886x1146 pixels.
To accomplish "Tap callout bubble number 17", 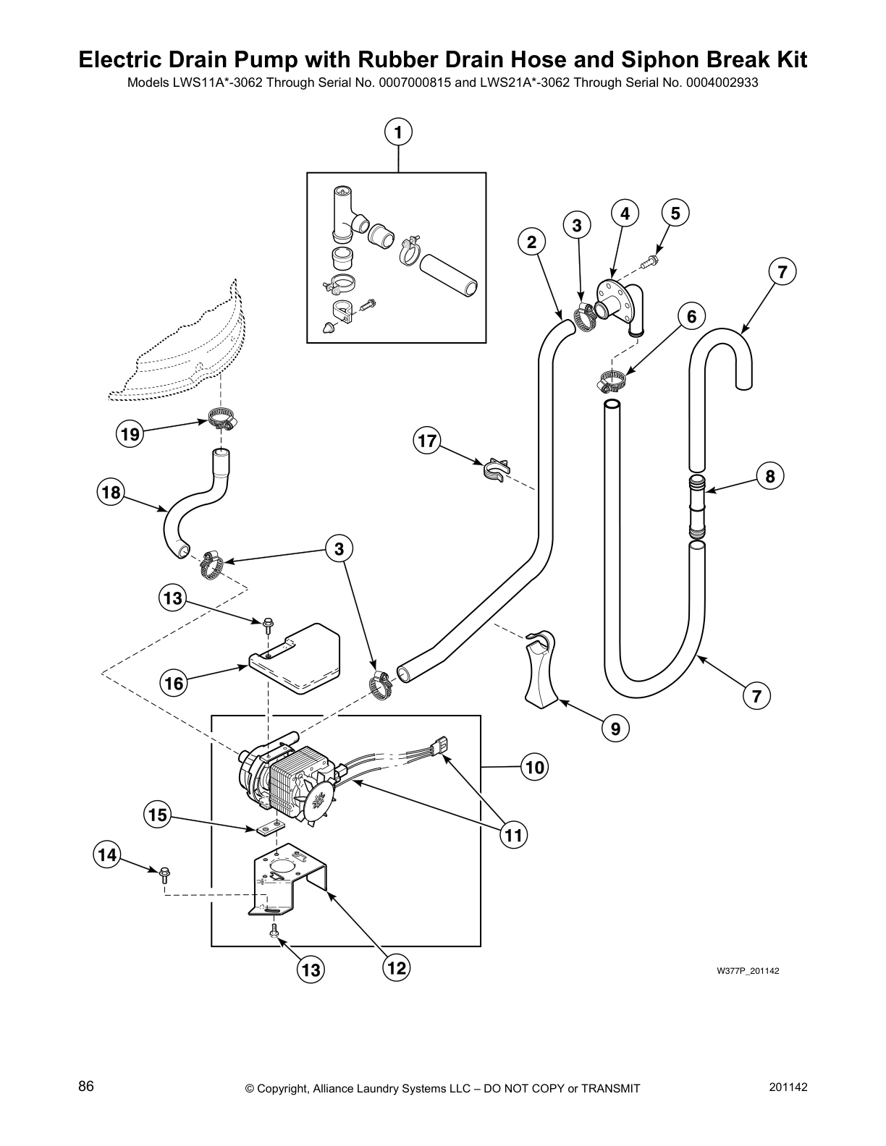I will coord(427,441).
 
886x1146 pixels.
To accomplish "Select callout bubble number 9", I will coord(615,729).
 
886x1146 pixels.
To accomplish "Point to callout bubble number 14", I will coord(106,855).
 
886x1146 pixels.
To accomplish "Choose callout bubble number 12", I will coord(397,967).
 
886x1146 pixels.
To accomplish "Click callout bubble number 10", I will coord(534,766).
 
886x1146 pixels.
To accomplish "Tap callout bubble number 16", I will coord(174,683).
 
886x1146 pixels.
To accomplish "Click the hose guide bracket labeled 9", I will coord(541,666).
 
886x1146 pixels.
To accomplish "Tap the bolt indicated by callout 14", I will coord(163,873).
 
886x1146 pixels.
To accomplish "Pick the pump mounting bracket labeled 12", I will coord(290,880).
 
